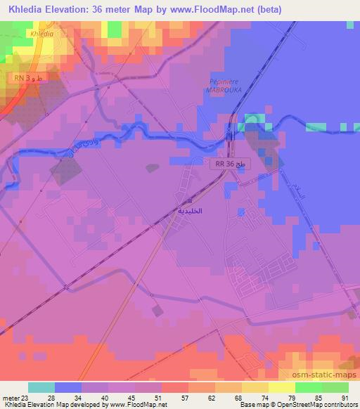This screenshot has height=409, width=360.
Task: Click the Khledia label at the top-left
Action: tap(42, 32)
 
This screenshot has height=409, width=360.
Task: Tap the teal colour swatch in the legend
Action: tap(41, 387)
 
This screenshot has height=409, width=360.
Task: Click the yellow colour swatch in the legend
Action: tap(255, 387)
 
